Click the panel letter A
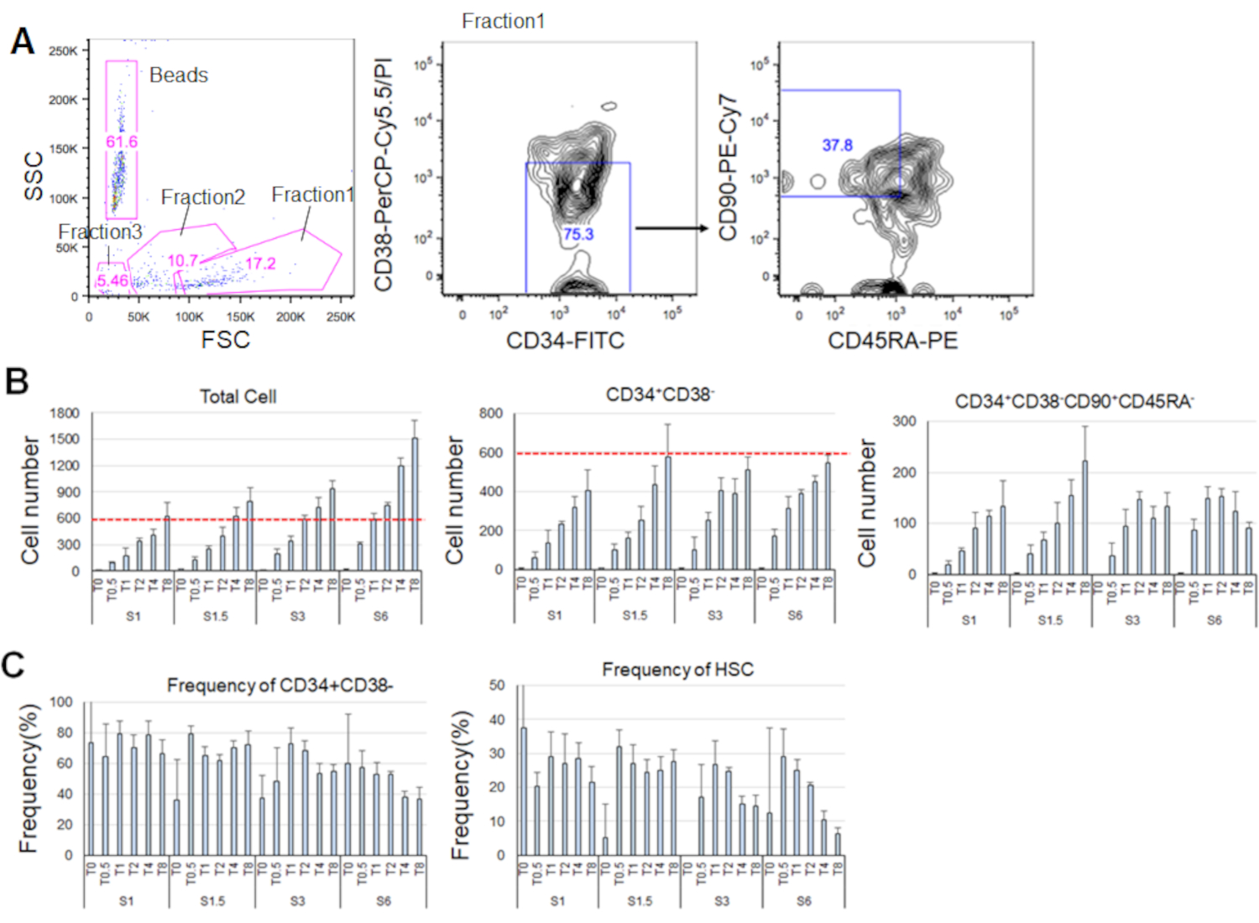[23, 40]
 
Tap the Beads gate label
[178, 76]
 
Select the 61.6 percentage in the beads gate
[122, 142]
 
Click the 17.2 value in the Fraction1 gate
[260, 263]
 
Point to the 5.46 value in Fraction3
[112, 280]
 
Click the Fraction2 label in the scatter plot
[202, 197]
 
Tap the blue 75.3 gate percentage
[578, 233]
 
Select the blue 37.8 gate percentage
[837, 145]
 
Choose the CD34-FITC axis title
[565, 341]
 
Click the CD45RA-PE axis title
[892, 341]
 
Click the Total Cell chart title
[238, 397]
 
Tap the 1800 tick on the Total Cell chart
[65, 413]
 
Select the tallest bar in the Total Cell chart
[414, 503]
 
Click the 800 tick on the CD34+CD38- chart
[491, 414]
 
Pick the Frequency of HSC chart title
[677, 670]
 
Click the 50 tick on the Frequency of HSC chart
[497, 686]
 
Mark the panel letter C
[13, 665]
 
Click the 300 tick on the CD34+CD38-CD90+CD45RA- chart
[904, 421]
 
